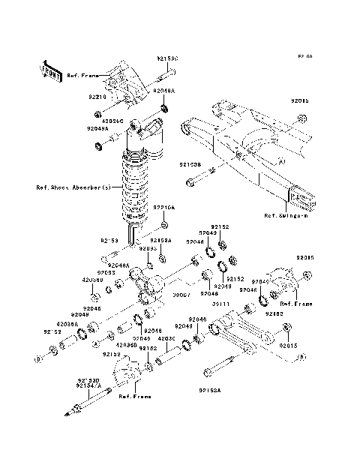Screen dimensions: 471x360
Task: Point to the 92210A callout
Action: tap(164, 207)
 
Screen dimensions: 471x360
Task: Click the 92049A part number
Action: tap(97, 128)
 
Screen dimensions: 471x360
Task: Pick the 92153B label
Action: tap(190, 163)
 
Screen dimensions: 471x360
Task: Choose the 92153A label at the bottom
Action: tap(211, 390)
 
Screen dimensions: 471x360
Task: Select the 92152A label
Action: tap(160, 240)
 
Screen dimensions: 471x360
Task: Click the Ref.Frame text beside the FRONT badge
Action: tap(80, 76)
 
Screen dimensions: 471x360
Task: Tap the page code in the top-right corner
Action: tap(304, 56)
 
